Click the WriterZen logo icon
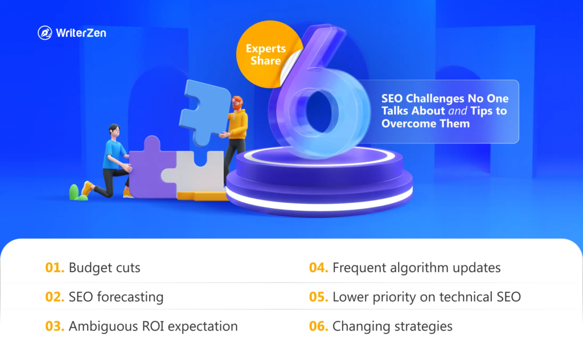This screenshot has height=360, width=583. pyautogui.click(x=45, y=32)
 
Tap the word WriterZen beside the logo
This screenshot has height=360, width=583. pyautogui.click(x=81, y=33)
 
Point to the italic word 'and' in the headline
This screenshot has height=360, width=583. pyautogui.click(x=457, y=111)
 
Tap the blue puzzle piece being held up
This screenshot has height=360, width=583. pyautogui.click(x=205, y=112)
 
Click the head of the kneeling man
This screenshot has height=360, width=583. pyautogui.click(x=115, y=131)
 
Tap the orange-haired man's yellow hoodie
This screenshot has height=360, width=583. pyautogui.click(x=237, y=123)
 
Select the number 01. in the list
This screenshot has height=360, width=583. pyautogui.click(x=55, y=267)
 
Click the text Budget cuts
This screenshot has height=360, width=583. pyautogui.click(x=105, y=267)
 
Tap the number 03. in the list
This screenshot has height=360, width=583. pyautogui.click(x=55, y=326)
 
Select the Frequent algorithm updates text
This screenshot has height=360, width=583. pyautogui.click(x=416, y=268)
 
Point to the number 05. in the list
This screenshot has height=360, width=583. pyautogui.click(x=319, y=297)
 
